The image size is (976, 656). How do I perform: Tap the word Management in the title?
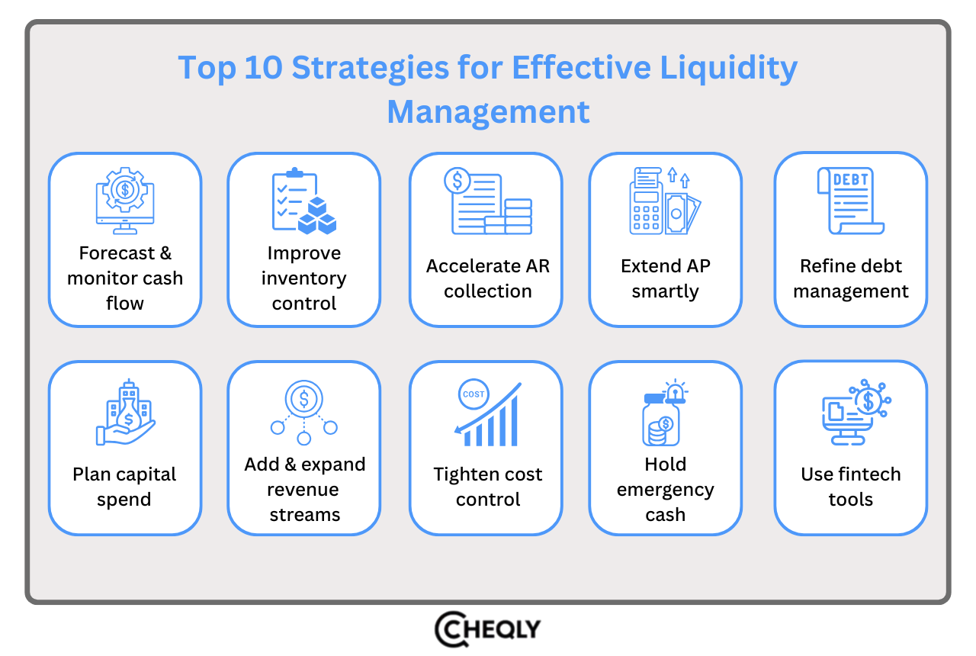pyautogui.click(x=488, y=112)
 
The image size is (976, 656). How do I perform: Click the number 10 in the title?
pyautogui.click(x=264, y=69)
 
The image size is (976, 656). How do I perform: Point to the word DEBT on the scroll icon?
pyautogui.click(x=850, y=180)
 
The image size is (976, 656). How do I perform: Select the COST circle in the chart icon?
pyautogui.click(x=474, y=394)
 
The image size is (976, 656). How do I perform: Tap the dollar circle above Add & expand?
pyautogui.click(x=304, y=397)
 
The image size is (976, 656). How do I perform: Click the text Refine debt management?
pyautogui.click(x=851, y=278)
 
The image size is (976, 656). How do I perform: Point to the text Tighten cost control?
pyautogui.click(x=488, y=487)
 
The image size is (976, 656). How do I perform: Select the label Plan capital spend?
pyautogui.click(x=124, y=487)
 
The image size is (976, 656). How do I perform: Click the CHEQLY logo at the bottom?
pyautogui.click(x=488, y=630)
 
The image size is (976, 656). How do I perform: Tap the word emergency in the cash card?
pyautogui.click(x=665, y=490)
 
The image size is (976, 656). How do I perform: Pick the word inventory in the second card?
pyautogui.click(x=303, y=278)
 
